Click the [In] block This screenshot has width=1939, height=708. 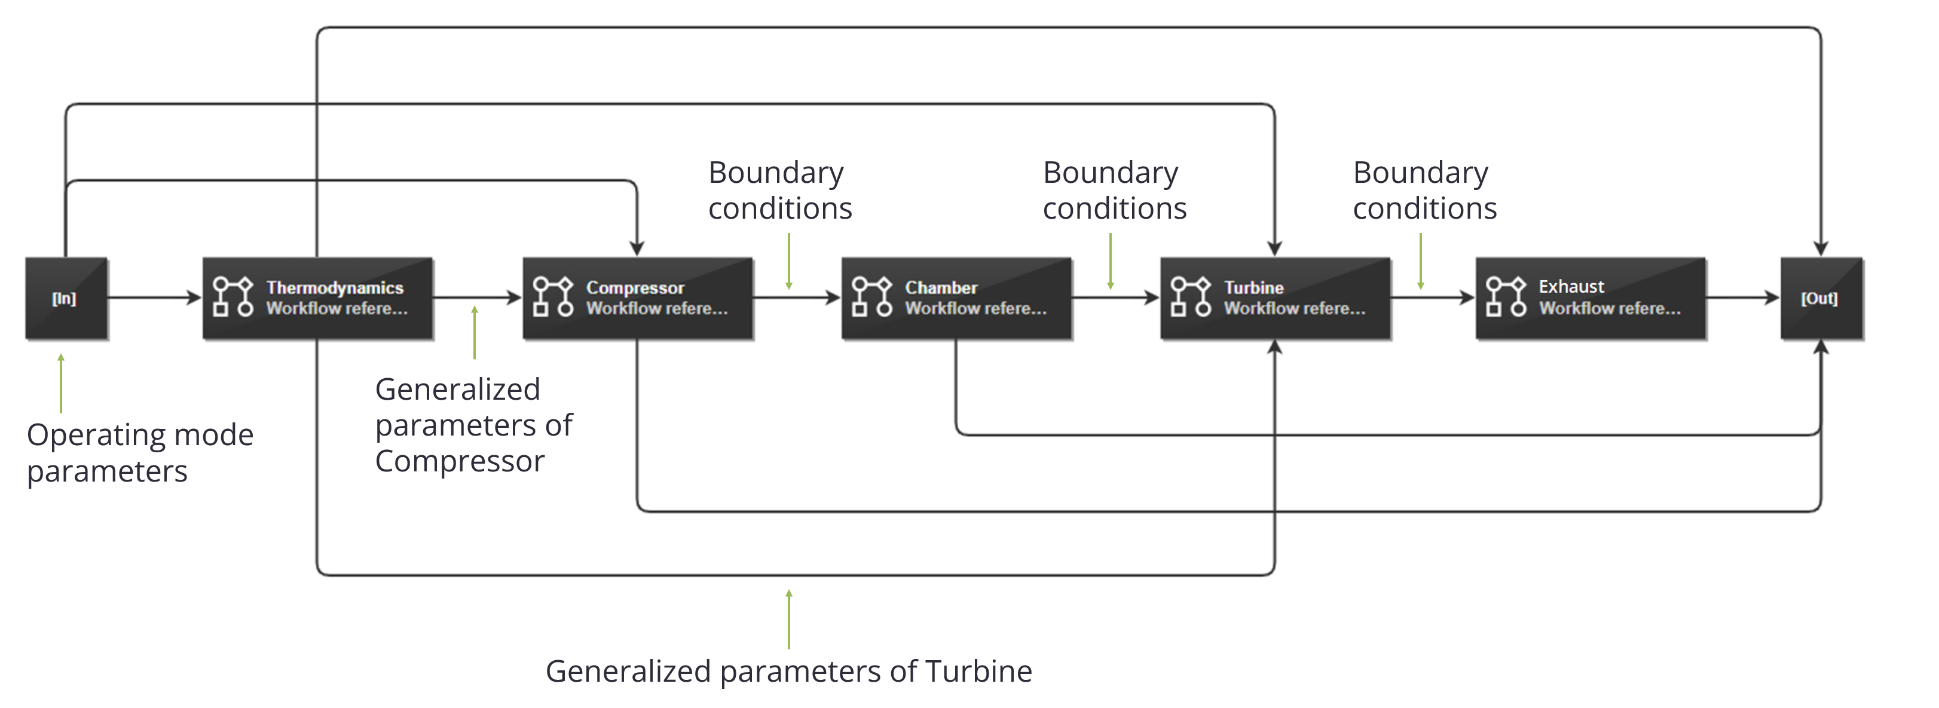(66, 298)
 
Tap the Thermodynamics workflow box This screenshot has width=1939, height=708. (317, 298)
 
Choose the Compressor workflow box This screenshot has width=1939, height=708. (638, 298)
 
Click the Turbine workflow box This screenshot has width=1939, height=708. (1275, 298)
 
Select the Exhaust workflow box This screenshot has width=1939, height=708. (1591, 298)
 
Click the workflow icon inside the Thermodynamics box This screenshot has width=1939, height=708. (233, 296)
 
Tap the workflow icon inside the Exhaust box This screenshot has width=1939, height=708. (1506, 296)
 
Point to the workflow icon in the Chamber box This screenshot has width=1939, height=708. (871, 296)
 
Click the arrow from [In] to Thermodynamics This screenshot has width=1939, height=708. (155, 298)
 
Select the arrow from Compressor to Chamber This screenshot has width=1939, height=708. (797, 298)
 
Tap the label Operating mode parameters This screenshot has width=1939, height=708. (140, 453)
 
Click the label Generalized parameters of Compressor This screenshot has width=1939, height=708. (473, 425)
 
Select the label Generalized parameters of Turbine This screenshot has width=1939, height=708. (789, 671)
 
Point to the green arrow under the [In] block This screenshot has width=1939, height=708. (61, 383)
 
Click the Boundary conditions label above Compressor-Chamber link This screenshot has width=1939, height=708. (780, 191)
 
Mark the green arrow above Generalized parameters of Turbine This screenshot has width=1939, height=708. (789, 619)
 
